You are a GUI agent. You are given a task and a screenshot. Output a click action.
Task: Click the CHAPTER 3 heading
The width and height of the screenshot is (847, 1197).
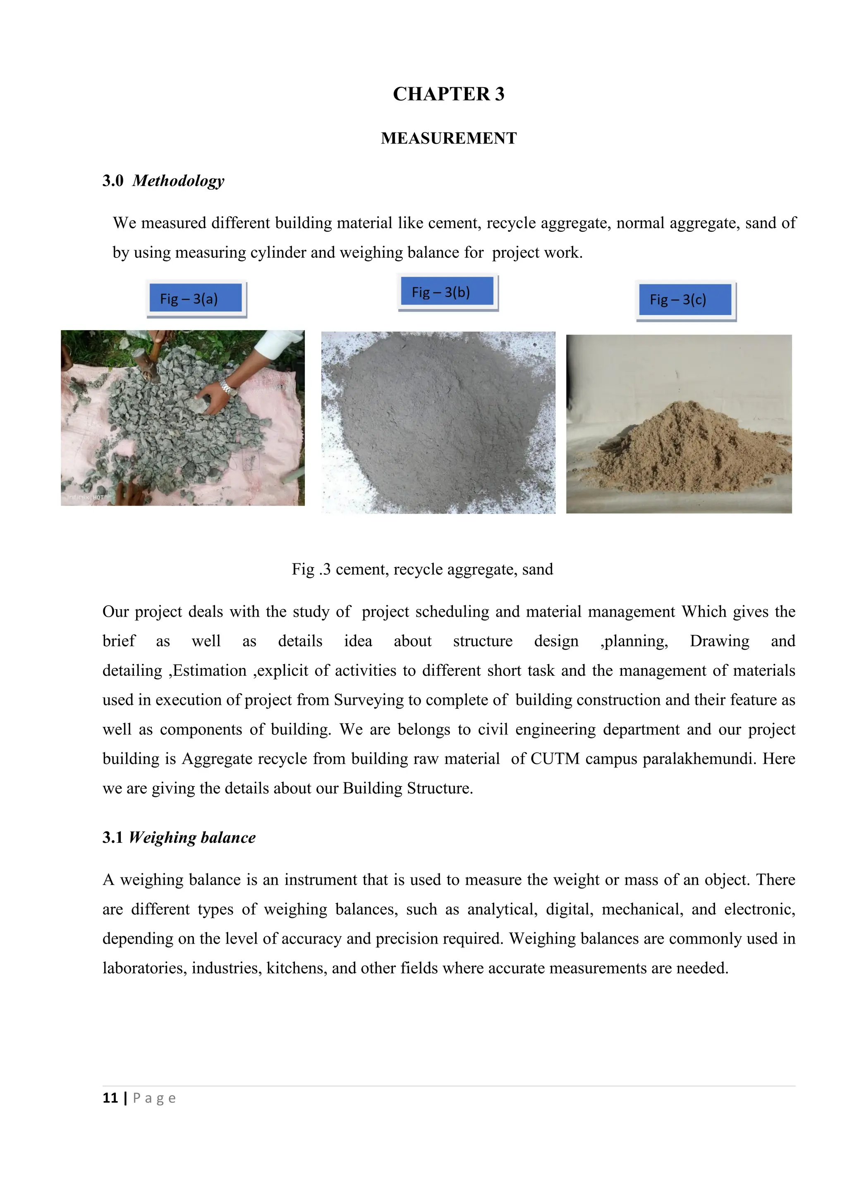coord(449,94)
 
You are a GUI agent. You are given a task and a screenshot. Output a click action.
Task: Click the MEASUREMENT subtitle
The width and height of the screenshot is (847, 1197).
coord(449,138)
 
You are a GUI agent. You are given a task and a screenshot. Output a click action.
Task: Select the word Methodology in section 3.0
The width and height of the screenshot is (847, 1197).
coord(178,181)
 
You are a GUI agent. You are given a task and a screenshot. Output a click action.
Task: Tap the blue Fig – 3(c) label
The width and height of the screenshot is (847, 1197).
coord(684,300)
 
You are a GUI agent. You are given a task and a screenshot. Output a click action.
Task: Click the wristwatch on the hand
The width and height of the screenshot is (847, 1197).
coord(228,387)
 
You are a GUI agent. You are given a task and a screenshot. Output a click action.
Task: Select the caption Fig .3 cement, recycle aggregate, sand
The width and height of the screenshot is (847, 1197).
coord(422,569)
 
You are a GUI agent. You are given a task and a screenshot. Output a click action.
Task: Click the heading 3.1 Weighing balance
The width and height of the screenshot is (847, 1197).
coord(179,838)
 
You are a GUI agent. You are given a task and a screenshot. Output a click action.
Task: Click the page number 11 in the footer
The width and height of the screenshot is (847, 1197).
coord(110,1099)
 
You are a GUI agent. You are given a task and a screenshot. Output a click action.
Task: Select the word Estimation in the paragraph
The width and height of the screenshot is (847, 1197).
coord(209,670)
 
